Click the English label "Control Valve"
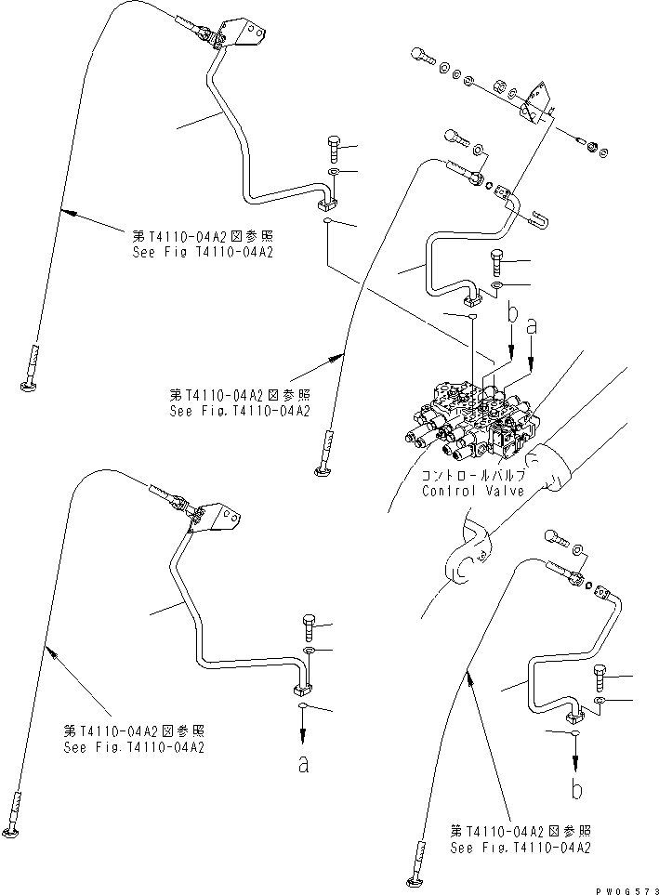(472, 491)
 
